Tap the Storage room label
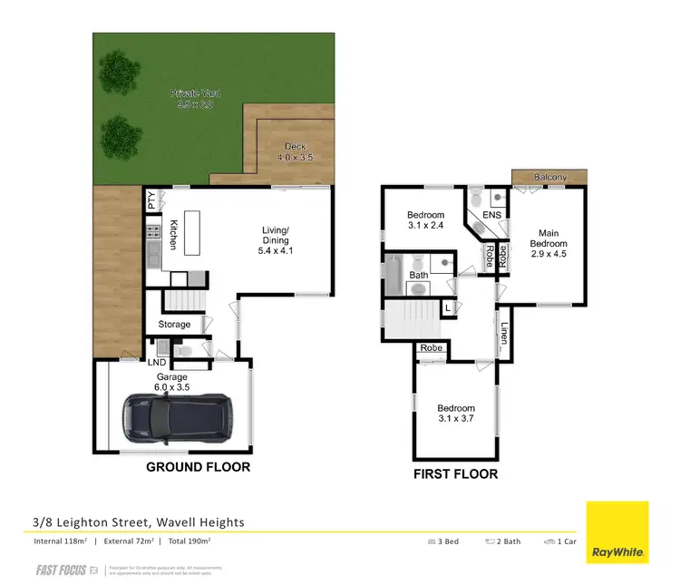175,324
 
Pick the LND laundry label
158,363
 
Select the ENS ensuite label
492,215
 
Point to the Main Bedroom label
549,243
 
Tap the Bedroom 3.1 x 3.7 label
455,414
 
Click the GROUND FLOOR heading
198,467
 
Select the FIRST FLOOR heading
455,473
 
